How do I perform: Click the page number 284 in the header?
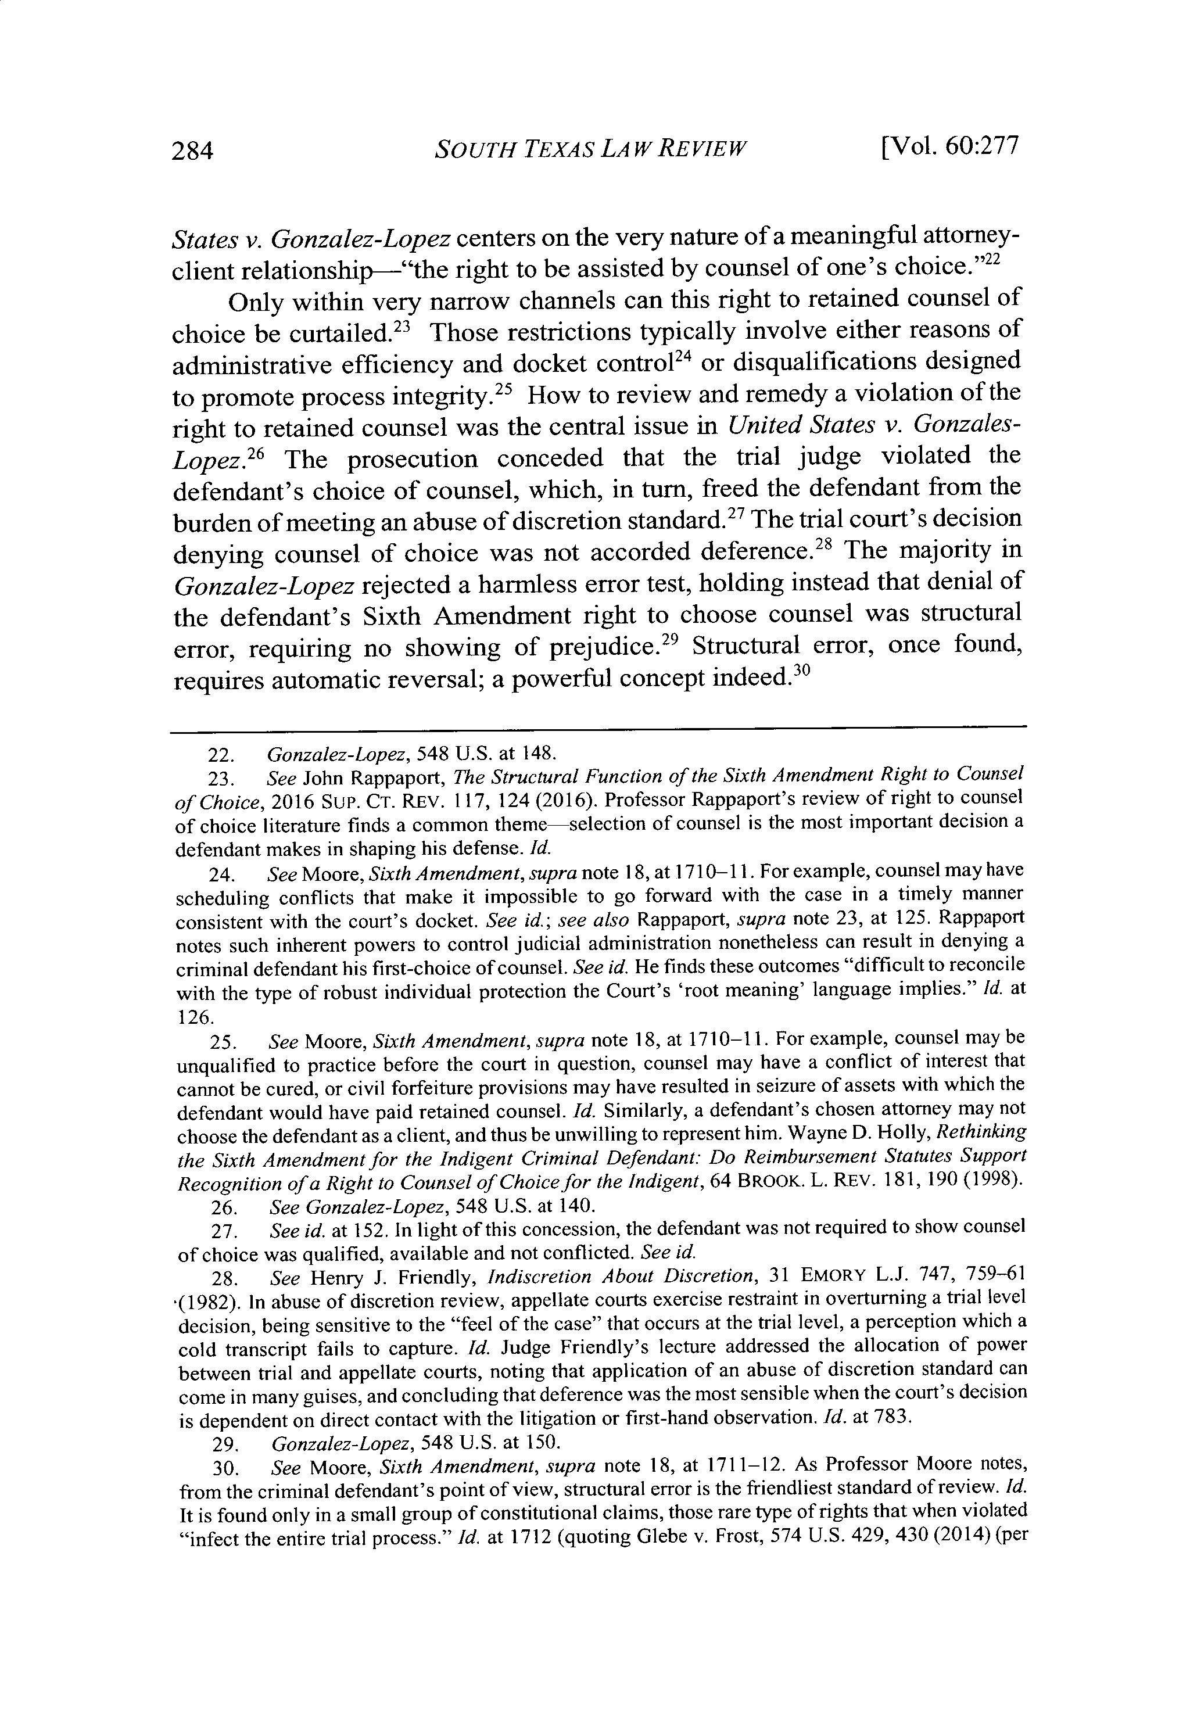[192, 151]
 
